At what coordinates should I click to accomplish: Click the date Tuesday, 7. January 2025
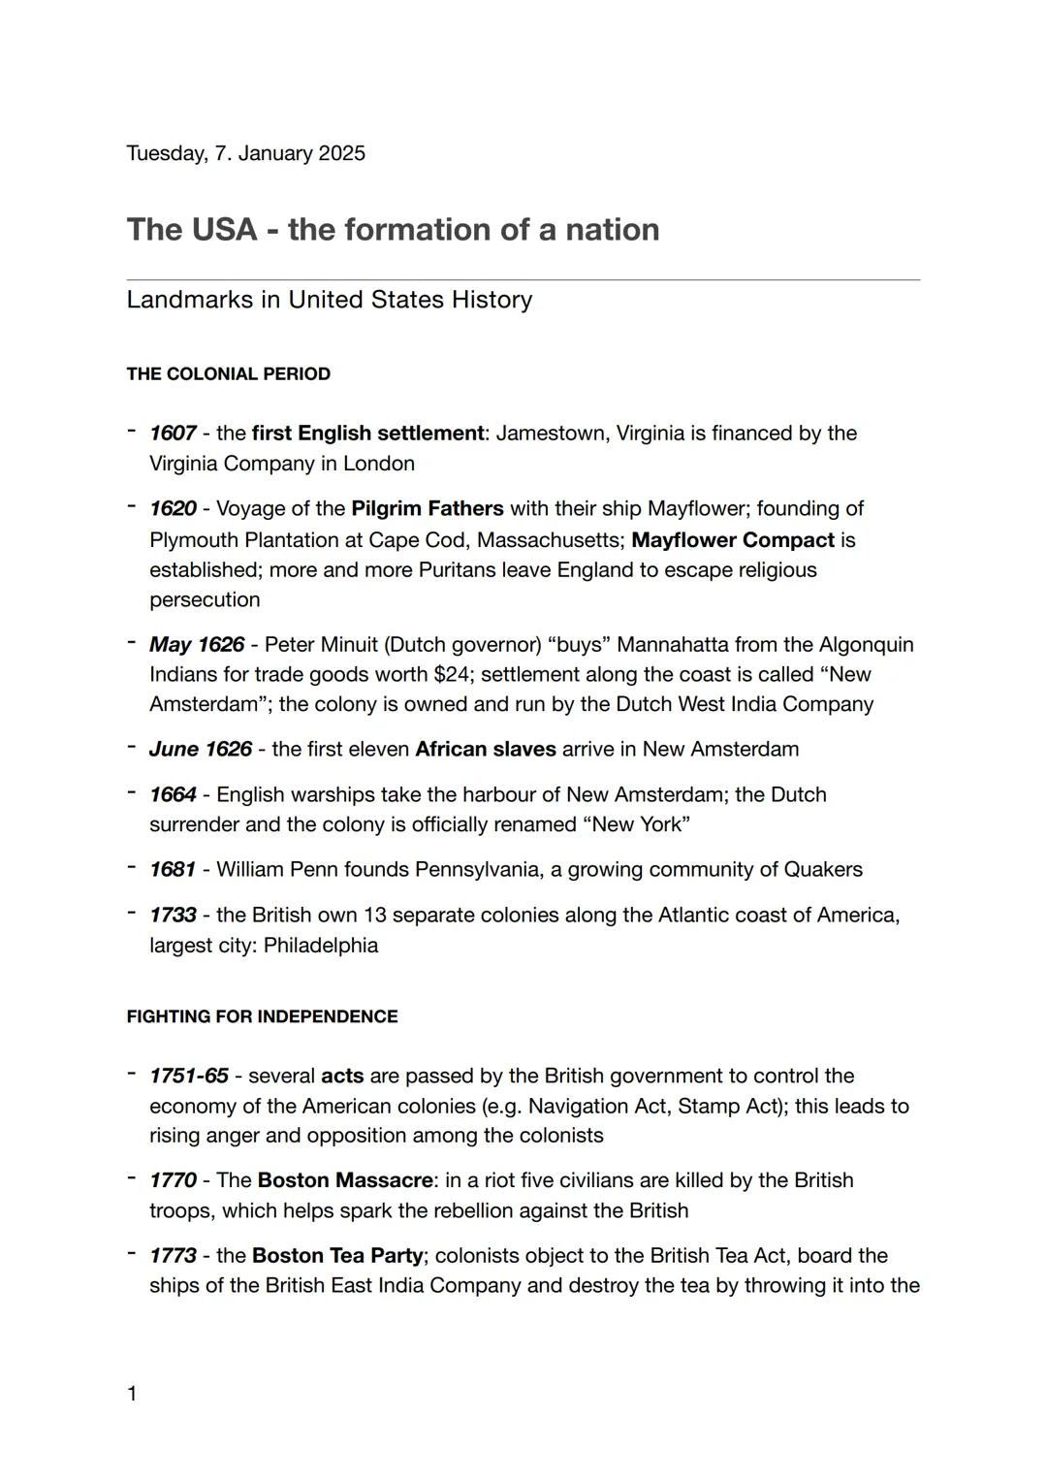245,153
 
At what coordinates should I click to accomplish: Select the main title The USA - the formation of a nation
393,230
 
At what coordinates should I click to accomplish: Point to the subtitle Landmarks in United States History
329,300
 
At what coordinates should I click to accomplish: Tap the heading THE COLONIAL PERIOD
228,374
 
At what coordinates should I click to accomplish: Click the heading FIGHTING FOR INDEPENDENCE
262,1016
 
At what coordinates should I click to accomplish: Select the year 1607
173,434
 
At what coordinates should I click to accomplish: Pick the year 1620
173,509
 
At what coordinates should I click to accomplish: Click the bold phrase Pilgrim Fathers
427,509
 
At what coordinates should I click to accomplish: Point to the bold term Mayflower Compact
732,540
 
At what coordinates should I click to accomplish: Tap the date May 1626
196,645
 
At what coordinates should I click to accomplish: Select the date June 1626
200,750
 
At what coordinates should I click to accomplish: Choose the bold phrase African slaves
485,750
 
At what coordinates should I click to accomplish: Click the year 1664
173,795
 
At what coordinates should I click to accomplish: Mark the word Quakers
823,870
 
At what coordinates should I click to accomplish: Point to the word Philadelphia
320,946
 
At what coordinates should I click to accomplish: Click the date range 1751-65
189,1077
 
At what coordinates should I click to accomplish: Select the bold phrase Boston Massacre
345,1181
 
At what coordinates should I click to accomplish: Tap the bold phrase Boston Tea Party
336,1256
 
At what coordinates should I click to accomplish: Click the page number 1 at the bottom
132,1395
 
